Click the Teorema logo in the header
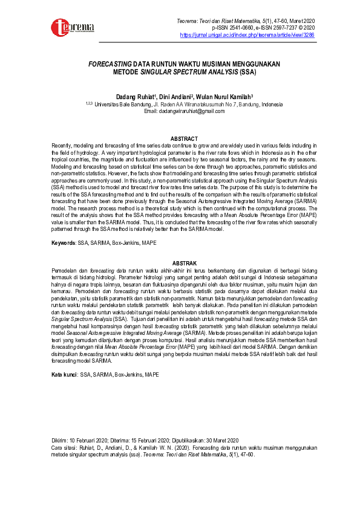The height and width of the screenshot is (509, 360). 72,28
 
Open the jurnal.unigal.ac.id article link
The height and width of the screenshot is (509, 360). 247,35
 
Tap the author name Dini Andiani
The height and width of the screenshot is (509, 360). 173,97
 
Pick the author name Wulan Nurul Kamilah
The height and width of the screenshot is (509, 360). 224,97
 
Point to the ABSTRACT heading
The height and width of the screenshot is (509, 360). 184,139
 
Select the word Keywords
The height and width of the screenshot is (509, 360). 63,243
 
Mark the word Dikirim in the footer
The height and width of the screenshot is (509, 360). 60,439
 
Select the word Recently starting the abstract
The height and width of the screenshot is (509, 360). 63,146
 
